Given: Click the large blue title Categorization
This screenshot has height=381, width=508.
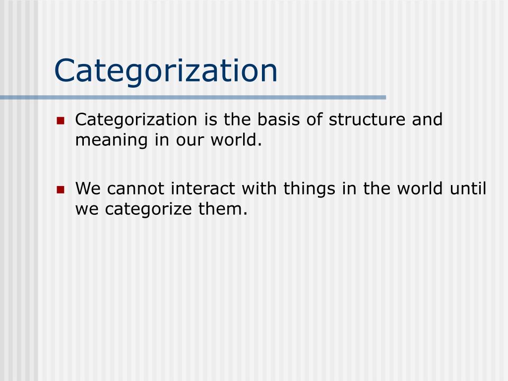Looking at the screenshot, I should pos(166,70).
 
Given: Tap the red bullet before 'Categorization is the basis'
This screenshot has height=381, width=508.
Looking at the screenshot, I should pos(61,121).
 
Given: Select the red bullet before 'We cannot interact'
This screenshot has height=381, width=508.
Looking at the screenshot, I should pos(61,189).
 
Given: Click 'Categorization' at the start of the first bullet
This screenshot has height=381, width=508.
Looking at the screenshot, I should pos(136,120).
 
